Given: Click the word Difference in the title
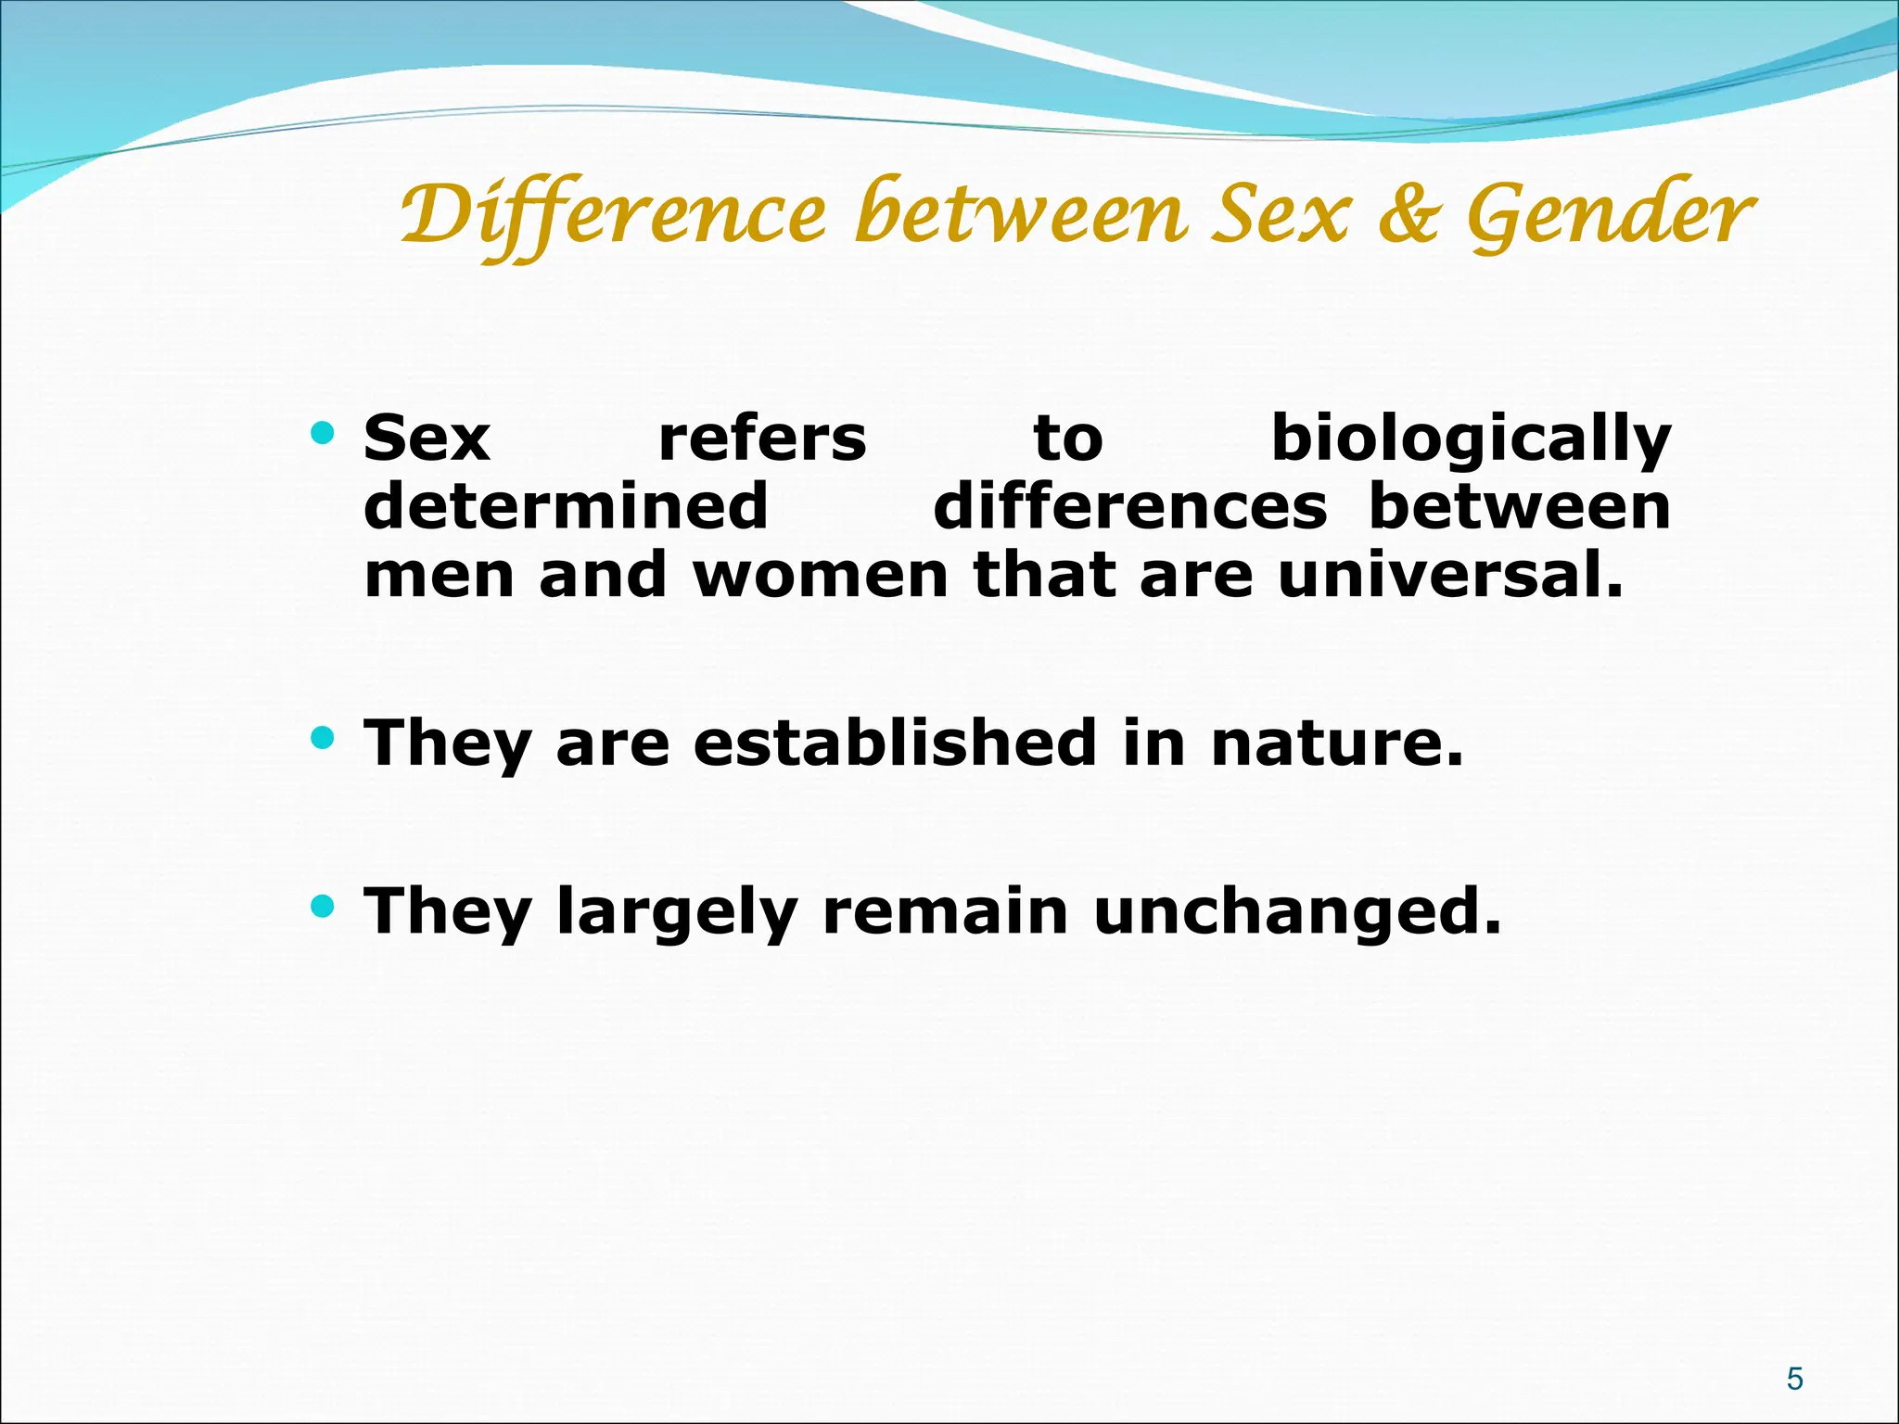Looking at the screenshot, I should click(612, 215).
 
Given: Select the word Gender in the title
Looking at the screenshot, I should click(1611, 215).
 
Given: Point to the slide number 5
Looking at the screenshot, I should click(1794, 1379).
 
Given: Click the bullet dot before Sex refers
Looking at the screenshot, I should click(322, 433).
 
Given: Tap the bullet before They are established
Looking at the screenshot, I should click(322, 738).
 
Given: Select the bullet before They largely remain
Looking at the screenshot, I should click(322, 906).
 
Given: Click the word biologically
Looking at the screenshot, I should click(1471, 439).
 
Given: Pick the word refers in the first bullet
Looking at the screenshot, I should click(762, 439).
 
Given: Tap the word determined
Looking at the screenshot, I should click(566, 507).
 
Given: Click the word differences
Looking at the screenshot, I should click(1129, 507).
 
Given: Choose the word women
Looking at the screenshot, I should click(821, 576).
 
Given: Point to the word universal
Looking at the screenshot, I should click(1449, 576).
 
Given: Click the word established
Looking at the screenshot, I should click(895, 744).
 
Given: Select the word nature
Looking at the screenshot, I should click(1337, 744).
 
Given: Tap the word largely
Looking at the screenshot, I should click(677, 912).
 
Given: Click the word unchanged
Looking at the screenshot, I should click(1296, 912).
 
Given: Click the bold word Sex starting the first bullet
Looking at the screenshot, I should click(427, 439).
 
